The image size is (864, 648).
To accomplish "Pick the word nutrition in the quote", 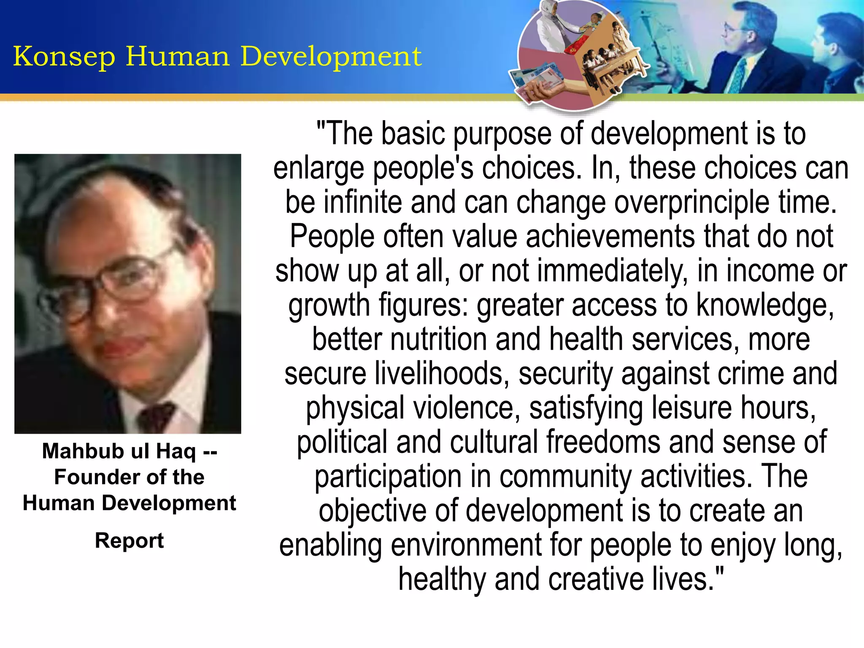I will (x=439, y=339).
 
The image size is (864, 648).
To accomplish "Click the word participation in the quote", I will (x=388, y=477).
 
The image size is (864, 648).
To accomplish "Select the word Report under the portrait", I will (x=129, y=540).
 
